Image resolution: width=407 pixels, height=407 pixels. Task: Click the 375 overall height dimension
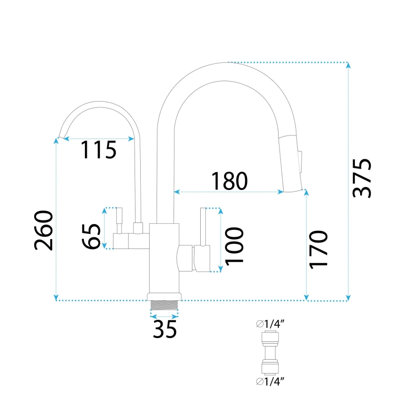click(x=362, y=179)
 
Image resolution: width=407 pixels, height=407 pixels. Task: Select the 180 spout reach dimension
click(x=229, y=181)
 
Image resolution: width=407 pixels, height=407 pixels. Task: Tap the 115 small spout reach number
click(x=98, y=150)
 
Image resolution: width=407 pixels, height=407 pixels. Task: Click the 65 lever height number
click(x=91, y=236)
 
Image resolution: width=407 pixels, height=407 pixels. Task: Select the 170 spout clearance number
click(x=318, y=249)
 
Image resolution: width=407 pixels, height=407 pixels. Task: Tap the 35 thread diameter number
click(x=164, y=329)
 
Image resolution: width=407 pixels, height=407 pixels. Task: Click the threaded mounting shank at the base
click(x=164, y=304)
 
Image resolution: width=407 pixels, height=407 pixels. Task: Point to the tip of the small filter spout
click(x=60, y=136)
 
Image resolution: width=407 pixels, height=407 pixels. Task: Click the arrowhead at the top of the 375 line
click(x=348, y=65)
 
